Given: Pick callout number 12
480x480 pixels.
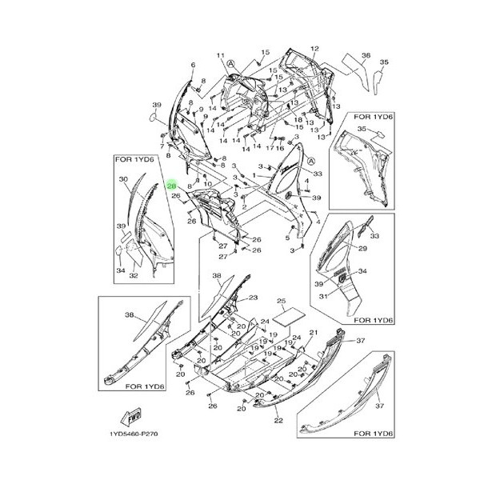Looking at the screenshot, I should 314,49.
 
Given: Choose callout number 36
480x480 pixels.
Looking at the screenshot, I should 366,55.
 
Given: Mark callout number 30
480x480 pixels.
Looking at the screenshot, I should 124,179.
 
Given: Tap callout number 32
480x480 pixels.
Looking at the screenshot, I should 134,276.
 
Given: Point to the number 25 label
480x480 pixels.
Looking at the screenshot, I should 281,301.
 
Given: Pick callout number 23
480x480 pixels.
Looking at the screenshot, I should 253,298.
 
